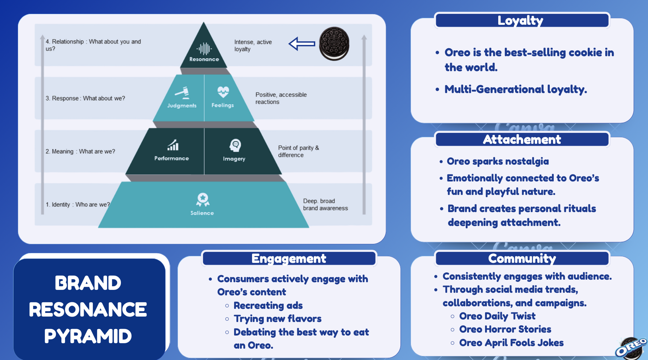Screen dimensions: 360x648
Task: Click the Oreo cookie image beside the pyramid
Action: coord(334,43)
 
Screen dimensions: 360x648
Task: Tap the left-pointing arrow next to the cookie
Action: coord(302,44)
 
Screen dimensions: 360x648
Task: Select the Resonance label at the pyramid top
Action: coord(204,59)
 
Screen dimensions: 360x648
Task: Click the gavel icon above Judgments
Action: coord(182,93)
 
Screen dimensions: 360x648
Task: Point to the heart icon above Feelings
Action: coord(223,92)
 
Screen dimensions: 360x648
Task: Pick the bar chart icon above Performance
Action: coord(173,145)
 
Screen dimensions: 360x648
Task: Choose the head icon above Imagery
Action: coord(235,145)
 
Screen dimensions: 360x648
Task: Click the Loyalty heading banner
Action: coord(522,20)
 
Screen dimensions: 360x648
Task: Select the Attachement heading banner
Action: coord(522,139)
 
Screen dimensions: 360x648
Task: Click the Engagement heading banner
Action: coord(289,258)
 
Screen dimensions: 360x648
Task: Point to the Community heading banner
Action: coord(522,258)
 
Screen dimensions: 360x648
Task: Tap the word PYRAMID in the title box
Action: coord(88,336)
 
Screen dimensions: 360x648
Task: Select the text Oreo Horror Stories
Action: coord(505,329)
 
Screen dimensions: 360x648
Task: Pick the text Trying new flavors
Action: coord(277,319)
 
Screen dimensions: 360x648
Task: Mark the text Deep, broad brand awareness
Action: coord(325,204)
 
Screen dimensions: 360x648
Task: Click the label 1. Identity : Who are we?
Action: coord(77,204)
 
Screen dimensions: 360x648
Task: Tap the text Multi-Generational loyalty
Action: coord(515,89)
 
